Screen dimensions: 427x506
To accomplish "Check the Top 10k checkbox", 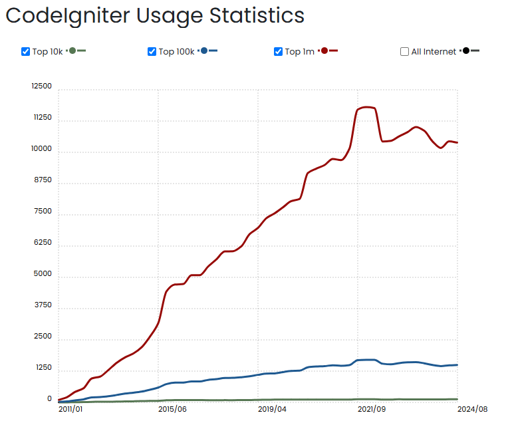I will pyautogui.click(x=26, y=52).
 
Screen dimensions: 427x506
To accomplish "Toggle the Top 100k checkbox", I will pyautogui.click(x=152, y=52).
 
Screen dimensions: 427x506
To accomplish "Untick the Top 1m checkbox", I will pyautogui.click(x=278, y=52).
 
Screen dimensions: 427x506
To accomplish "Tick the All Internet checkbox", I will pyautogui.click(x=404, y=52).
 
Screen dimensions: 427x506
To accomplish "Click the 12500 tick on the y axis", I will pyautogui.click(x=41, y=86).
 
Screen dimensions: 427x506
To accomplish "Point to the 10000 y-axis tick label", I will pyautogui.click(x=41, y=149).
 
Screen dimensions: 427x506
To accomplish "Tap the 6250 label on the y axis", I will pyautogui.click(x=42, y=243).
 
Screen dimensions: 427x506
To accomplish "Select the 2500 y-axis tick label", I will pyautogui.click(x=42, y=337).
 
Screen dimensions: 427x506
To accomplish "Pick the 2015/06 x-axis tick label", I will pyautogui.click(x=172, y=409).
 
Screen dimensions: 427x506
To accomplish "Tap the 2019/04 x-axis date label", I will pyautogui.click(x=271, y=409).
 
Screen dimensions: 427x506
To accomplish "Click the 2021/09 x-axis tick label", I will pyautogui.click(x=371, y=409).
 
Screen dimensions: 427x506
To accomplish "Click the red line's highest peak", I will pyautogui.click(x=366, y=107).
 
